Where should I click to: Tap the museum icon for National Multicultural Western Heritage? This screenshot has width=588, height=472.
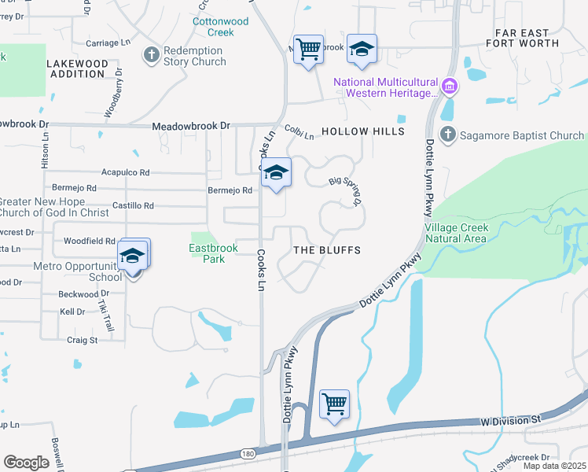point(449,86)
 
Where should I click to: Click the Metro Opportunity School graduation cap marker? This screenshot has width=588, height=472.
point(132,256)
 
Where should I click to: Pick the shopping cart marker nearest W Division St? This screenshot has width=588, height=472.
point(335,404)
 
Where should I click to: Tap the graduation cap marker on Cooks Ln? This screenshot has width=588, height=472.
point(276,174)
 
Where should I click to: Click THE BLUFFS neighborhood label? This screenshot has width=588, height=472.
point(326,250)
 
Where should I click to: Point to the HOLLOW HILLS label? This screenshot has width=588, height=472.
point(362,131)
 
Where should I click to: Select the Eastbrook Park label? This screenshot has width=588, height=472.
point(213,253)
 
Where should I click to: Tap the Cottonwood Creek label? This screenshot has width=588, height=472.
point(221,27)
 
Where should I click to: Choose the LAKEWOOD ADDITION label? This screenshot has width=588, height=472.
point(77,68)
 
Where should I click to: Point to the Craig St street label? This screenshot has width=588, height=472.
point(82,341)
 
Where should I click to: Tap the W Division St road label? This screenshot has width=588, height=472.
point(512,422)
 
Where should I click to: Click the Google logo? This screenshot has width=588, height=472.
point(26,463)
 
